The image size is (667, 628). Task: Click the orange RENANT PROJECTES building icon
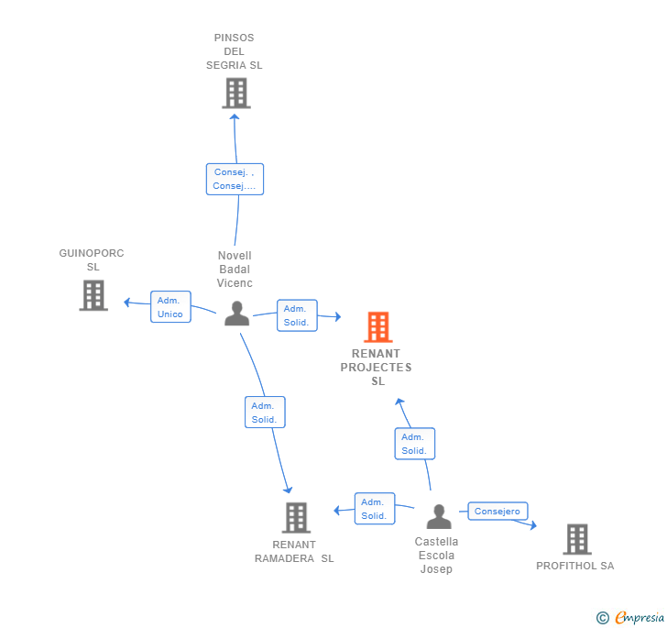(377, 327)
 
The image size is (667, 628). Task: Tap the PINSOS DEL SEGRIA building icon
(235, 94)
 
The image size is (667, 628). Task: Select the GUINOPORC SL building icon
(93, 295)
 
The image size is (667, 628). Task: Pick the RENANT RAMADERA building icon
(295, 518)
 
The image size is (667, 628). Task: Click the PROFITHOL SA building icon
(576, 539)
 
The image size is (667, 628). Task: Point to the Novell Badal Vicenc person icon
(236, 314)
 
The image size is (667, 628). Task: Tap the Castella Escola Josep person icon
(438, 518)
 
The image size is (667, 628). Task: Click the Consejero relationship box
(498, 512)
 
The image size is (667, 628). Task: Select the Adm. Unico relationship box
(169, 307)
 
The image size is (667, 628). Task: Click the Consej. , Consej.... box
(235, 179)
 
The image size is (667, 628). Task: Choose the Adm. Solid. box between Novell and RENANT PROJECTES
(296, 315)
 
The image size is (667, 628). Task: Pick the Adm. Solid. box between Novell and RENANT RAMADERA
(265, 413)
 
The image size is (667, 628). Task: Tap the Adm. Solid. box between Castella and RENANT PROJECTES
(414, 444)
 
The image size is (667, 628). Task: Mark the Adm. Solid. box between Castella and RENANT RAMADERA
(374, 509)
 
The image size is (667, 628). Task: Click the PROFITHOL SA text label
(574, 566)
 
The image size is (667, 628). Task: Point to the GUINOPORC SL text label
(92, 259)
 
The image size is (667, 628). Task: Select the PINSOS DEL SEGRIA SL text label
(234, 51)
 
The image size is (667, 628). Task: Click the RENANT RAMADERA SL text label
(294, 552)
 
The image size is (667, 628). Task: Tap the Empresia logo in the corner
(629, 618)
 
